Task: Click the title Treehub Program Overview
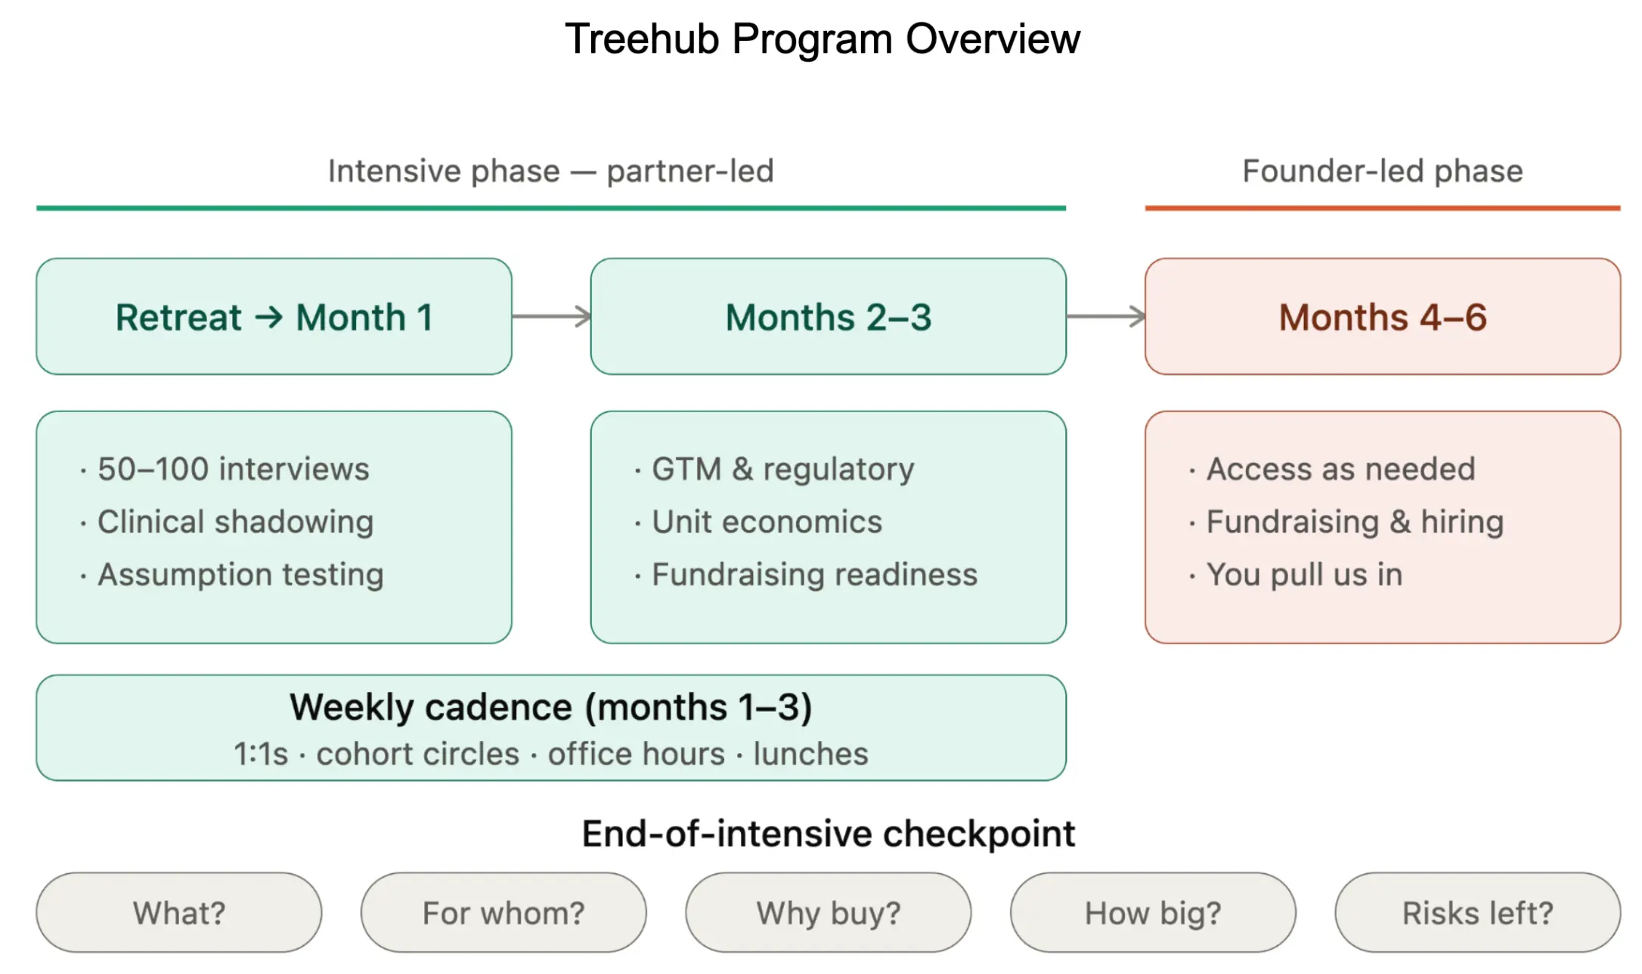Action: pyautogui.click(x=823, y=39)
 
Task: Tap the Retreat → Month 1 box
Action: pyautogui.click(x=274, y=317)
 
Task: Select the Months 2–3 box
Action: pyautogui.click(x=829, y=317)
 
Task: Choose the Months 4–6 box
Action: pyautogui.click(x=1383, y=317)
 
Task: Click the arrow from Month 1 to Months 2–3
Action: pyautogui.click(x=552, y=316)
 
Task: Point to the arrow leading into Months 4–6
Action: pyautogui.click(x=1106, y=316)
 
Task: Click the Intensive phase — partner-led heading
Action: pyautogui.click(x=551, y=171)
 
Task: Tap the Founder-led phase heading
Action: pyautogui.click(x=1383, y=171)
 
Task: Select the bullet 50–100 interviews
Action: pyautogui.click(x=225, y=469)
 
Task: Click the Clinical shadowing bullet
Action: pyautogui.click(x=227, y=522)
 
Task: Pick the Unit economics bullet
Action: pyautogui.click(x=758, y=522)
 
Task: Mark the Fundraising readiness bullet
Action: pyautogui.click(x=806, y=575)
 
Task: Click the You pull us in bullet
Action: pyautogui.click(x=1296, y=575)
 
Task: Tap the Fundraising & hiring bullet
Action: pyautogui.click(x=1346, y=522)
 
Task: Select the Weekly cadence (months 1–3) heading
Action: pyautogui.click(x=551, y=708)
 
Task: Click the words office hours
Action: pyautogui.click(x=637, y=754)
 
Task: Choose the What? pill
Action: pyautogui.click(x=179, y=913)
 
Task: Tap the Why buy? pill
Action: pyautogui.click(x=829, y=913)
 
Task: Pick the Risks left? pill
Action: pyautogui.click(x=1478, y=913)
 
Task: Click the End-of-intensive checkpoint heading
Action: pyautogui.click(x=829, y=834)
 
